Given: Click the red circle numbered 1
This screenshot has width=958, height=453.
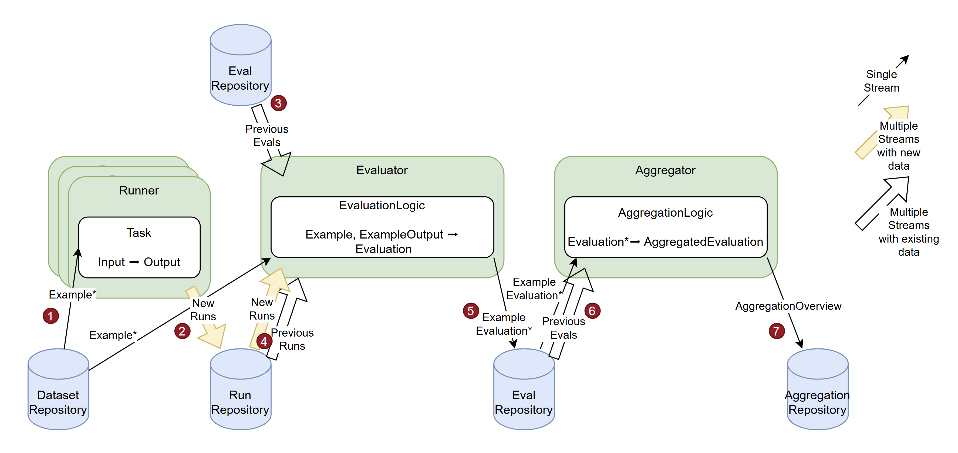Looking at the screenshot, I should pos(50,316).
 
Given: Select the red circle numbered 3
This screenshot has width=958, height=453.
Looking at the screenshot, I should pos(278,103).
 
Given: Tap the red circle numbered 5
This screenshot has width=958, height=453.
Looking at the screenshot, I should pos(470,311).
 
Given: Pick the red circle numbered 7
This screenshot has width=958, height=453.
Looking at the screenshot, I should pos(777,331).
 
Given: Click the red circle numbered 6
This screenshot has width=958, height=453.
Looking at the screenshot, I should pos(592,311).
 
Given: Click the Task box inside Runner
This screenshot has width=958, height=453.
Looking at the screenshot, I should pos(139,247).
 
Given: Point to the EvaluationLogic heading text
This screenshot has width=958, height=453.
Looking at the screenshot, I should pos(382,205).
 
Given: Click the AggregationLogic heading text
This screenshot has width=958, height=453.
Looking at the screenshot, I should pos(665,213).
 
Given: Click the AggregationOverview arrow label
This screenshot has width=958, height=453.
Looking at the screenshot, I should pos(788,306).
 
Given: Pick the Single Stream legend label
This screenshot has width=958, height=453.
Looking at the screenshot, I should pos(881,81).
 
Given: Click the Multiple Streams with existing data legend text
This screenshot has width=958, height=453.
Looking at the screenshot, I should pos(909,232).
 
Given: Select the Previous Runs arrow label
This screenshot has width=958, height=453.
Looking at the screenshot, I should pos(292,339).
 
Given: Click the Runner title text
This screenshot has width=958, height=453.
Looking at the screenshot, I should pos(139,190).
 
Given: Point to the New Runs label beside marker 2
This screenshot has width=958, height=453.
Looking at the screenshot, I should pos(203,310).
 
